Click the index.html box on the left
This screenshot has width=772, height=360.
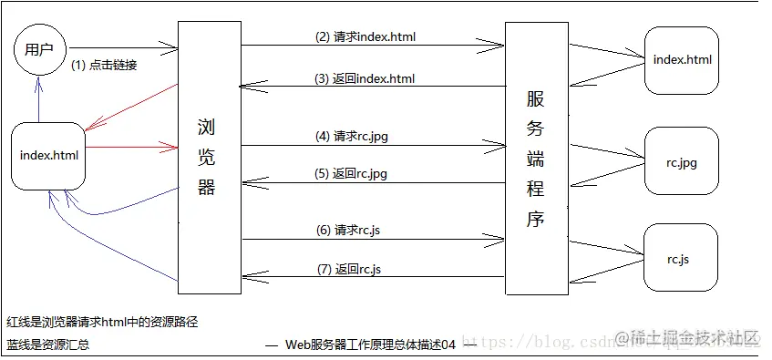[49, 155]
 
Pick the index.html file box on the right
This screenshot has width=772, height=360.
[682, 60]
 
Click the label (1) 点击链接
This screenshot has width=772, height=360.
[104, 66]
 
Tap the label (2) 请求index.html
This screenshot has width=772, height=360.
[365, 37]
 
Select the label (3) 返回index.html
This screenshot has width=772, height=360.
[365, 78]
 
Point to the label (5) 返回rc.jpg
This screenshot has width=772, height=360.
[357, 173]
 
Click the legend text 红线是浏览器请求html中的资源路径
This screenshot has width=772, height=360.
[102, 322]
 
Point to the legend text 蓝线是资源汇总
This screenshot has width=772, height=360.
[47, 345]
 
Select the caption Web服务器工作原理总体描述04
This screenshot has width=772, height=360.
[370, 345]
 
